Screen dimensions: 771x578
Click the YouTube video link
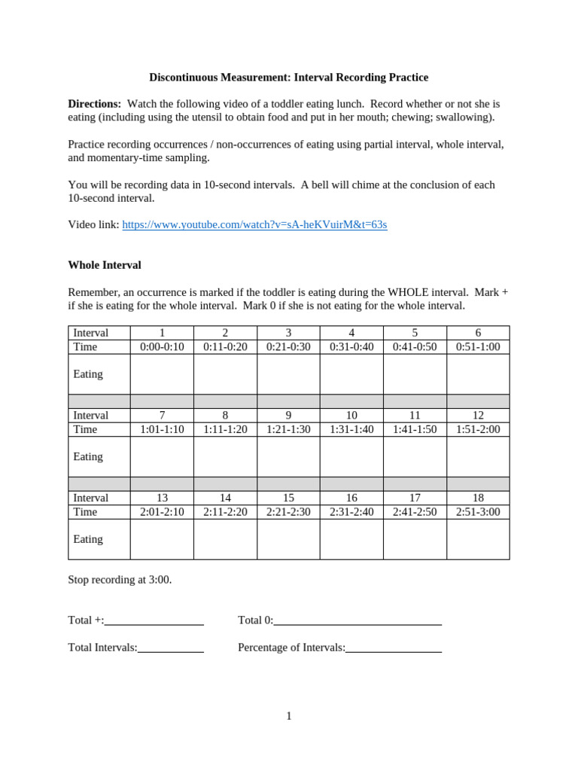[254, 224]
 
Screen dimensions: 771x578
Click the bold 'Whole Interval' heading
[105, 265]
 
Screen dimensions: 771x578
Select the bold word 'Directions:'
[94, 103]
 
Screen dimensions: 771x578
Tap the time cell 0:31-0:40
[351, 347]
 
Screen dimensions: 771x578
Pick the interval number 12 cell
[478, 416]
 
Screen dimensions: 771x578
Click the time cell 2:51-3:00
[478, 512]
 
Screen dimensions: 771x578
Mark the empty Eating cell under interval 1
[162, 374]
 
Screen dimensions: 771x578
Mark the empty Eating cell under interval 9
[288, 456]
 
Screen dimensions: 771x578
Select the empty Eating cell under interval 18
[478, 539]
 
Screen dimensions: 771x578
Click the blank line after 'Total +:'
[154, 620]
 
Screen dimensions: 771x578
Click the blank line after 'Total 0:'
[357, 620]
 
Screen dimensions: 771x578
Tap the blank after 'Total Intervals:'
[171, 648]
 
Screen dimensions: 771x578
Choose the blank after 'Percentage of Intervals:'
[394, 648]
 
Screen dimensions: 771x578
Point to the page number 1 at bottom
[289, 716]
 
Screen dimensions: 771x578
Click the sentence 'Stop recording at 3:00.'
[120, 580]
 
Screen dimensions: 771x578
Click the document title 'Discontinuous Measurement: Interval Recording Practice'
[288, 77]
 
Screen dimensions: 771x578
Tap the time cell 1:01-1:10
[162, 429]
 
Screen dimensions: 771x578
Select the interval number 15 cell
[288, 498]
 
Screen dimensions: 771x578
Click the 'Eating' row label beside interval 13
[88, 539]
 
